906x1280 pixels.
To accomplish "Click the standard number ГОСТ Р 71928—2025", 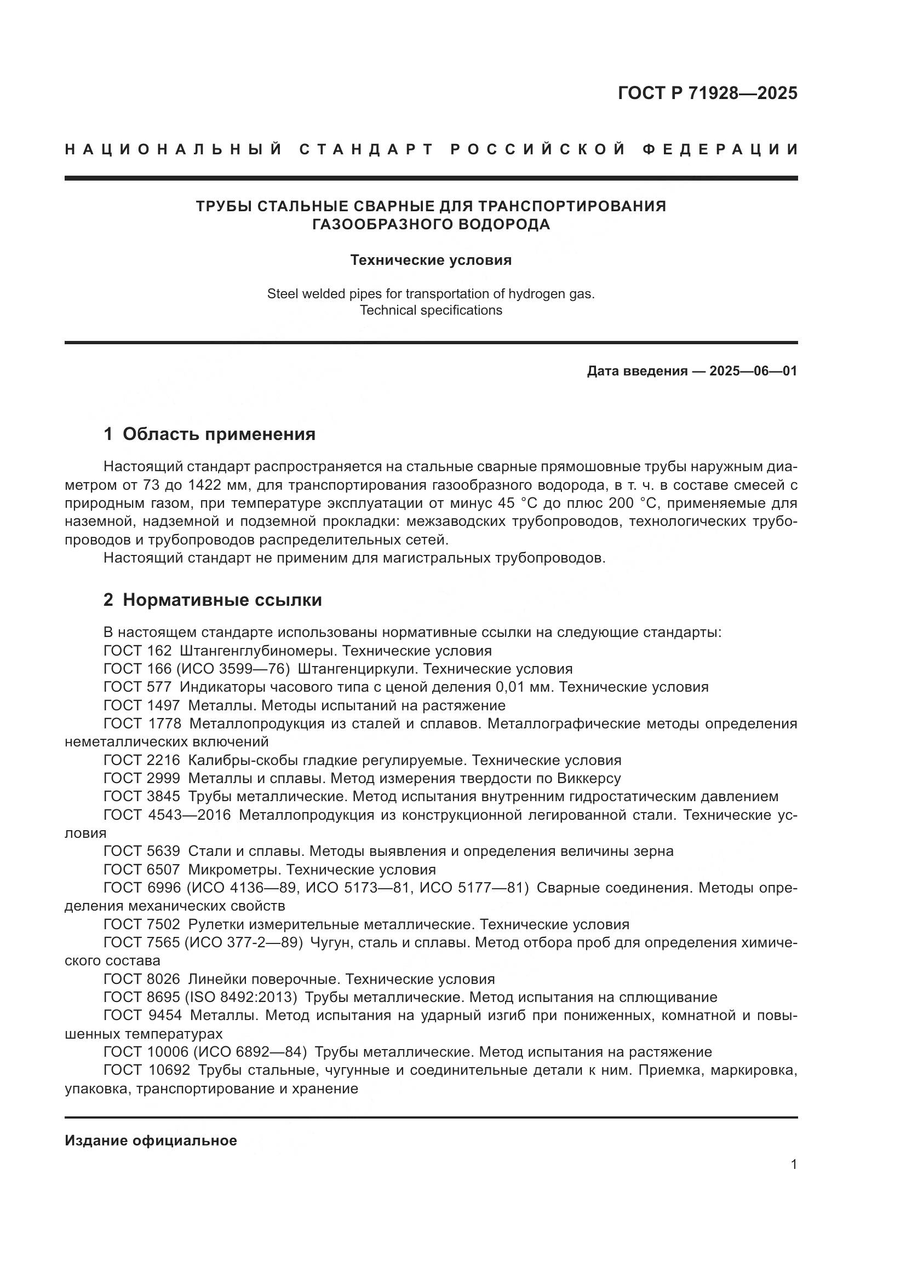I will click(707, 93).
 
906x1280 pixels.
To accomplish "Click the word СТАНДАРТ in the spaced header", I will click(366, 149).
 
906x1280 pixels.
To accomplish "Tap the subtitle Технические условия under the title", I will click(431, 260).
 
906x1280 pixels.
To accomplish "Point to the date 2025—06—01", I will click(753, 370).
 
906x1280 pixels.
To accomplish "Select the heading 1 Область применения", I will click(209, 434).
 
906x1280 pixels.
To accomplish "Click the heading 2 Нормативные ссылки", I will click(213, 600).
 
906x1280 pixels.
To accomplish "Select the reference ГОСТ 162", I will click(137, 651).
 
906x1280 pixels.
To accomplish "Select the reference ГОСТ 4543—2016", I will click(167, 815).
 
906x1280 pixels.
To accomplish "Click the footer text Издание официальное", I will click(151, 1140).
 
